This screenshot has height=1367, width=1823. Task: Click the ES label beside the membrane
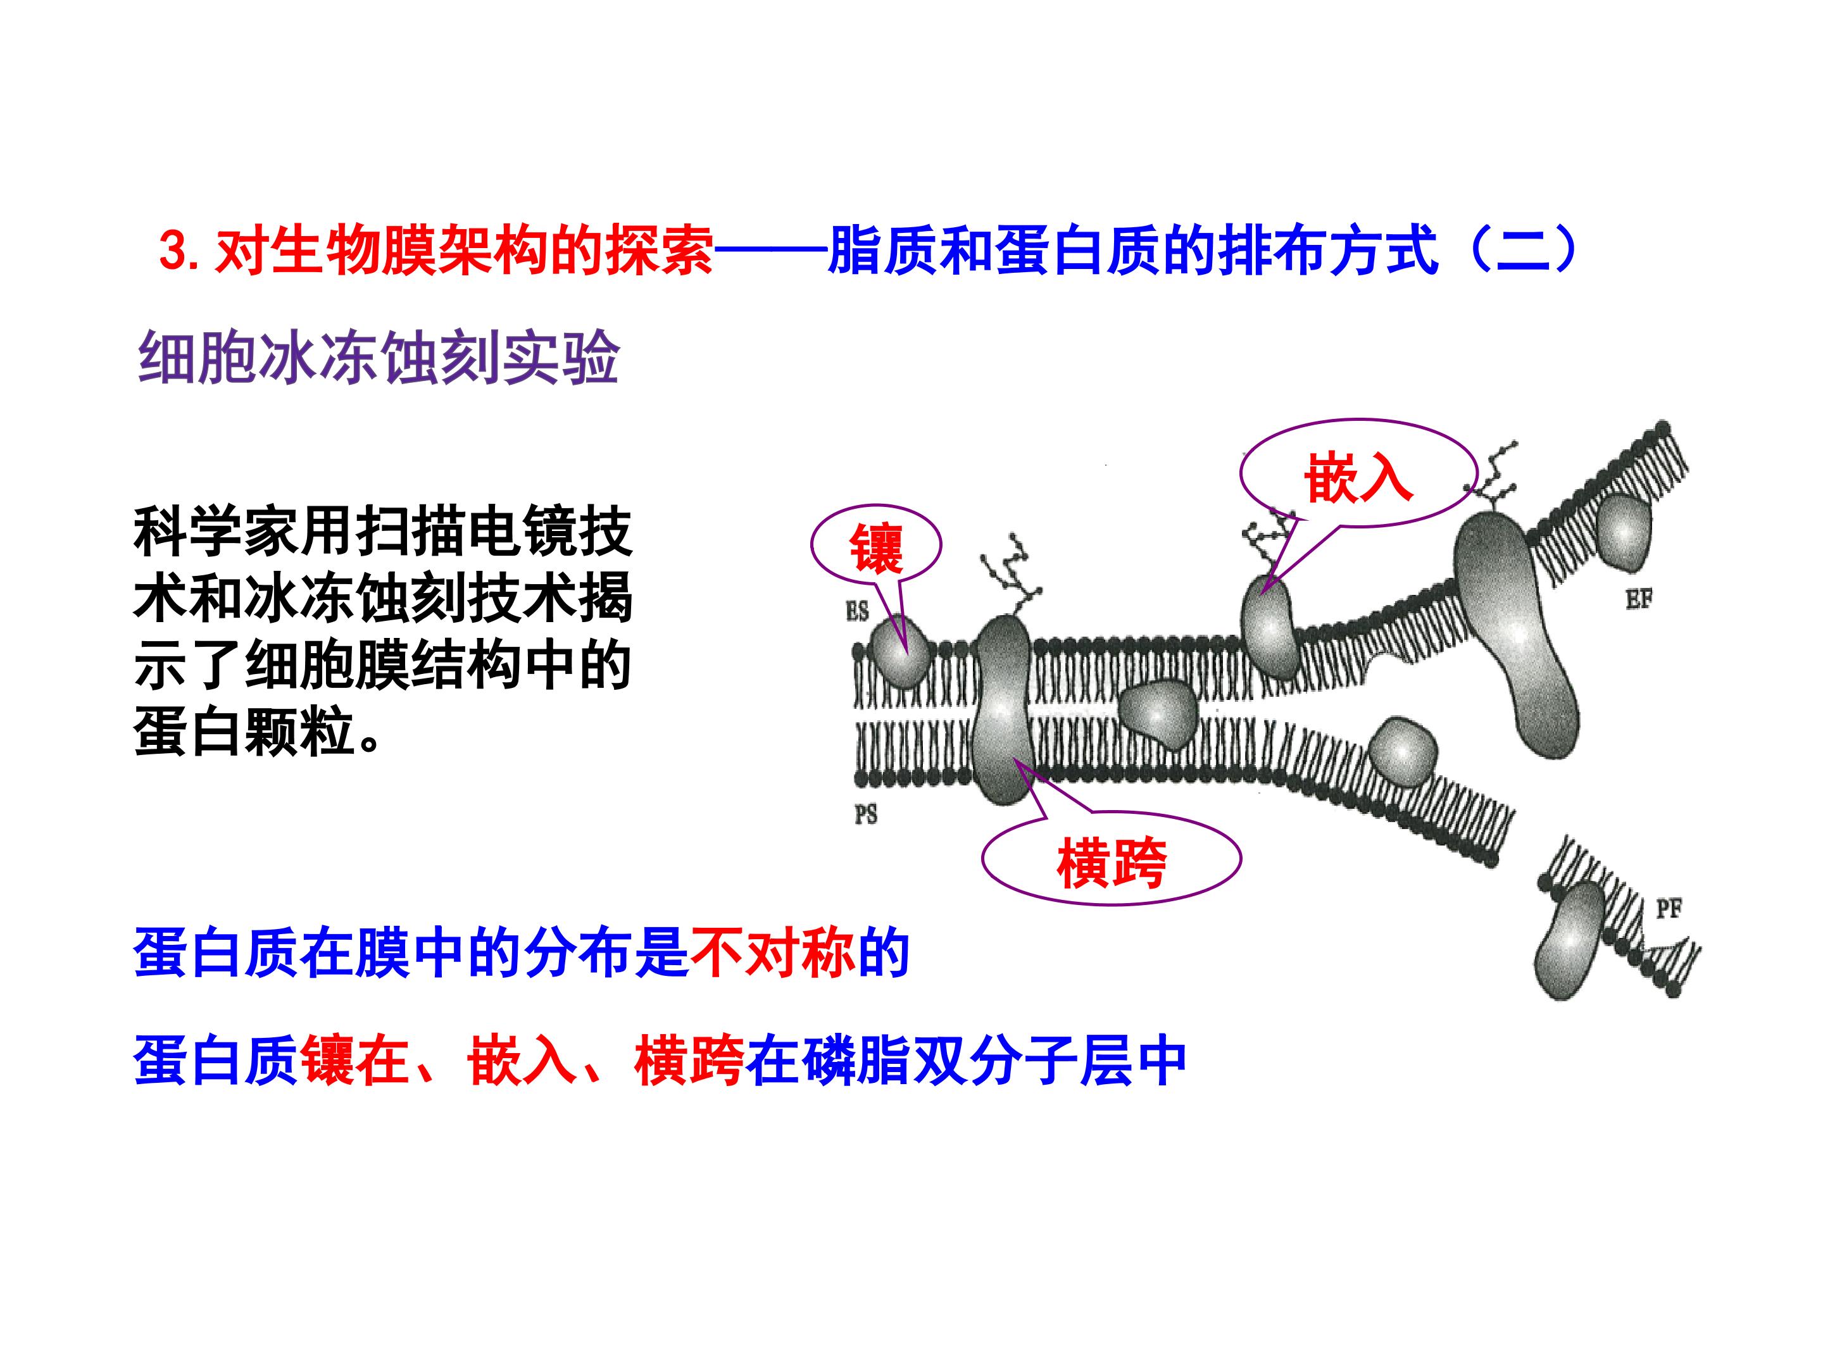tap(857, 611)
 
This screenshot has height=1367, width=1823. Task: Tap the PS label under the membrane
tap(865, 815)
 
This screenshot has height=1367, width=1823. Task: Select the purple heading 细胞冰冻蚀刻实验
tap(379, 358)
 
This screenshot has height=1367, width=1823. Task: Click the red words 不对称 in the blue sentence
tap(772, 955)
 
